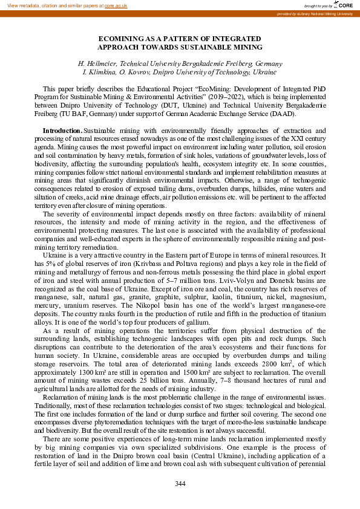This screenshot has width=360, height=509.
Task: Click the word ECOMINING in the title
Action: tap(120, 38)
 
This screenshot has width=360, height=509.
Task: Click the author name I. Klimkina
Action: tap(101, 72)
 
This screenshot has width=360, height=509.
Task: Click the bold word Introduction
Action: tap(62, 131)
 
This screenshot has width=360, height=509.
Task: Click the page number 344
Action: tap(180, 483)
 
